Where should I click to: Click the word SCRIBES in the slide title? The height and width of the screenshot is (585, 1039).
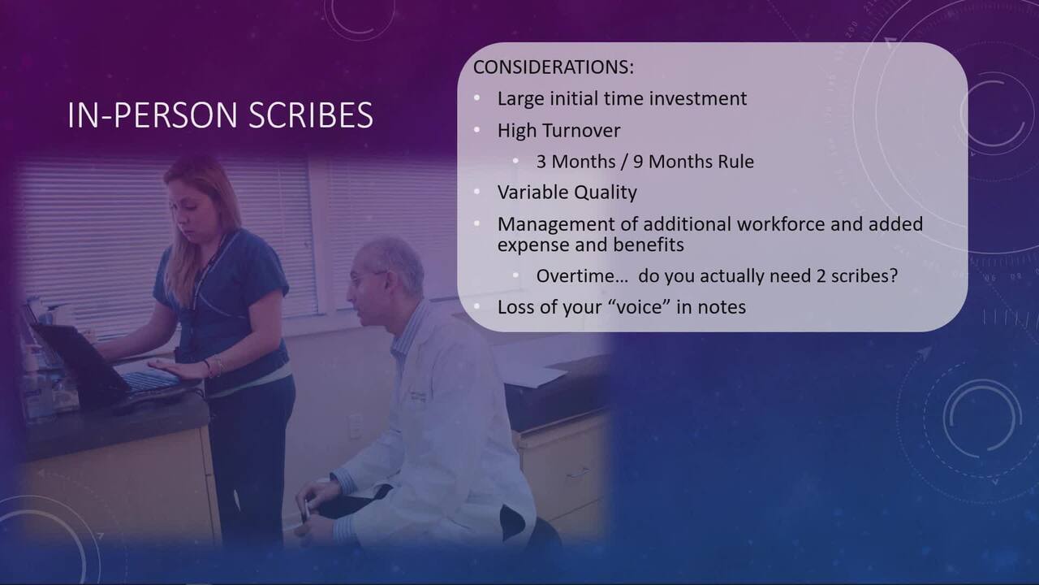pos(311,115)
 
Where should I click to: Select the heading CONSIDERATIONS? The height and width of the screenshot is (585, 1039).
pos(554,67)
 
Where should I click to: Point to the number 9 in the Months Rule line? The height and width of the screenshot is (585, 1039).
pos(638,162)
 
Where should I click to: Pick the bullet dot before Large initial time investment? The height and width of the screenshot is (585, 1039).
pos(476,97)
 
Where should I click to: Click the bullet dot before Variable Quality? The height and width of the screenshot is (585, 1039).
pos(476,191)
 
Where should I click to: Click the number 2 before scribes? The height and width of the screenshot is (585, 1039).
pos(821,275)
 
